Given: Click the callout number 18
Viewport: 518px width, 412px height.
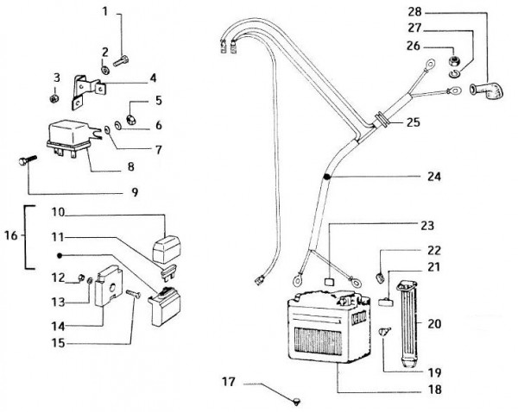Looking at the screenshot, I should click(434, 390).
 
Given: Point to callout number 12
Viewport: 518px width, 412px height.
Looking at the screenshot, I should click(60, 277).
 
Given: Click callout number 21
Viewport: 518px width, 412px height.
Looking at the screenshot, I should click(434, 267).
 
